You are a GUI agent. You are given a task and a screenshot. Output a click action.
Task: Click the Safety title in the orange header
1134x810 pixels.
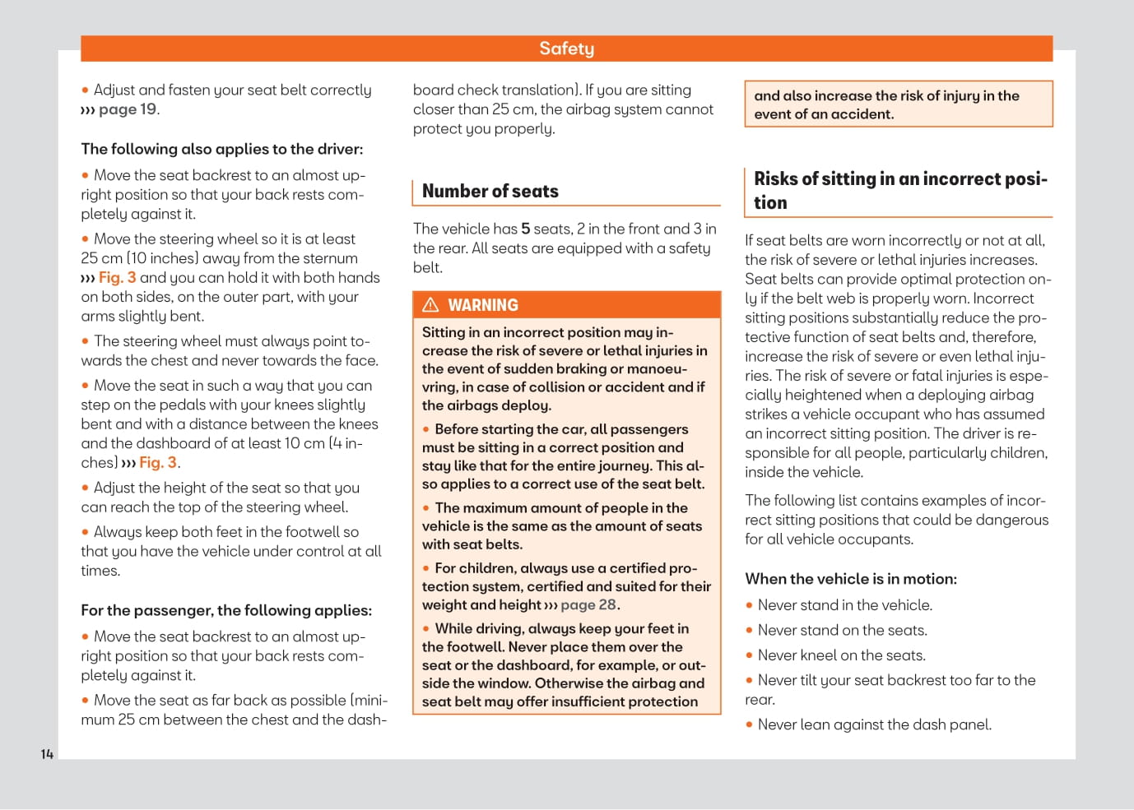point(566,49)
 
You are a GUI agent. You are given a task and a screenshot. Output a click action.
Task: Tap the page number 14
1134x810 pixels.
point(47,754)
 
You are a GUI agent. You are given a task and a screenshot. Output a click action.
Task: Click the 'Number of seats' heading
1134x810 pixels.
point(490,191)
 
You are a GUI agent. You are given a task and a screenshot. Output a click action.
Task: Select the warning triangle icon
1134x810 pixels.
point(430,305)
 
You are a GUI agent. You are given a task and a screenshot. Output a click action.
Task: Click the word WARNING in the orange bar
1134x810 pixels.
point(483,305)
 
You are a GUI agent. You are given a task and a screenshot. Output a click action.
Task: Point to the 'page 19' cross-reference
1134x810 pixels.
point(128,109)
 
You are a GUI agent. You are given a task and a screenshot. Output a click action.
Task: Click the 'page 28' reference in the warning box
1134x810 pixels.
point(588,604)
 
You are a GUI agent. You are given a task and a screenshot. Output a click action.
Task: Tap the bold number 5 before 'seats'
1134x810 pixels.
point(525,229)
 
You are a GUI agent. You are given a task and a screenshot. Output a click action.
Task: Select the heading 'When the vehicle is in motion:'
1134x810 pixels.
point(851,579)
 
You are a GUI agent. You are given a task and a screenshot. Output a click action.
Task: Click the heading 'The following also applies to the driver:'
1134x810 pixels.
point(221,149)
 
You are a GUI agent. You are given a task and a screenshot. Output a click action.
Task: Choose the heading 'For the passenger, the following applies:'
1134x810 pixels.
point(226,610)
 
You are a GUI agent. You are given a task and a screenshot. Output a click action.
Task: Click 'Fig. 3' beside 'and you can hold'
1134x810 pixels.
point(118,278)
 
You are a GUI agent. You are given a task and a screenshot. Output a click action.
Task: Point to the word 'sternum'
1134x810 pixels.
point(330,258)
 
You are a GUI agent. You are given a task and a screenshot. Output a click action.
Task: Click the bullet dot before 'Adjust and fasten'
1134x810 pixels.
point(85,90)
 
